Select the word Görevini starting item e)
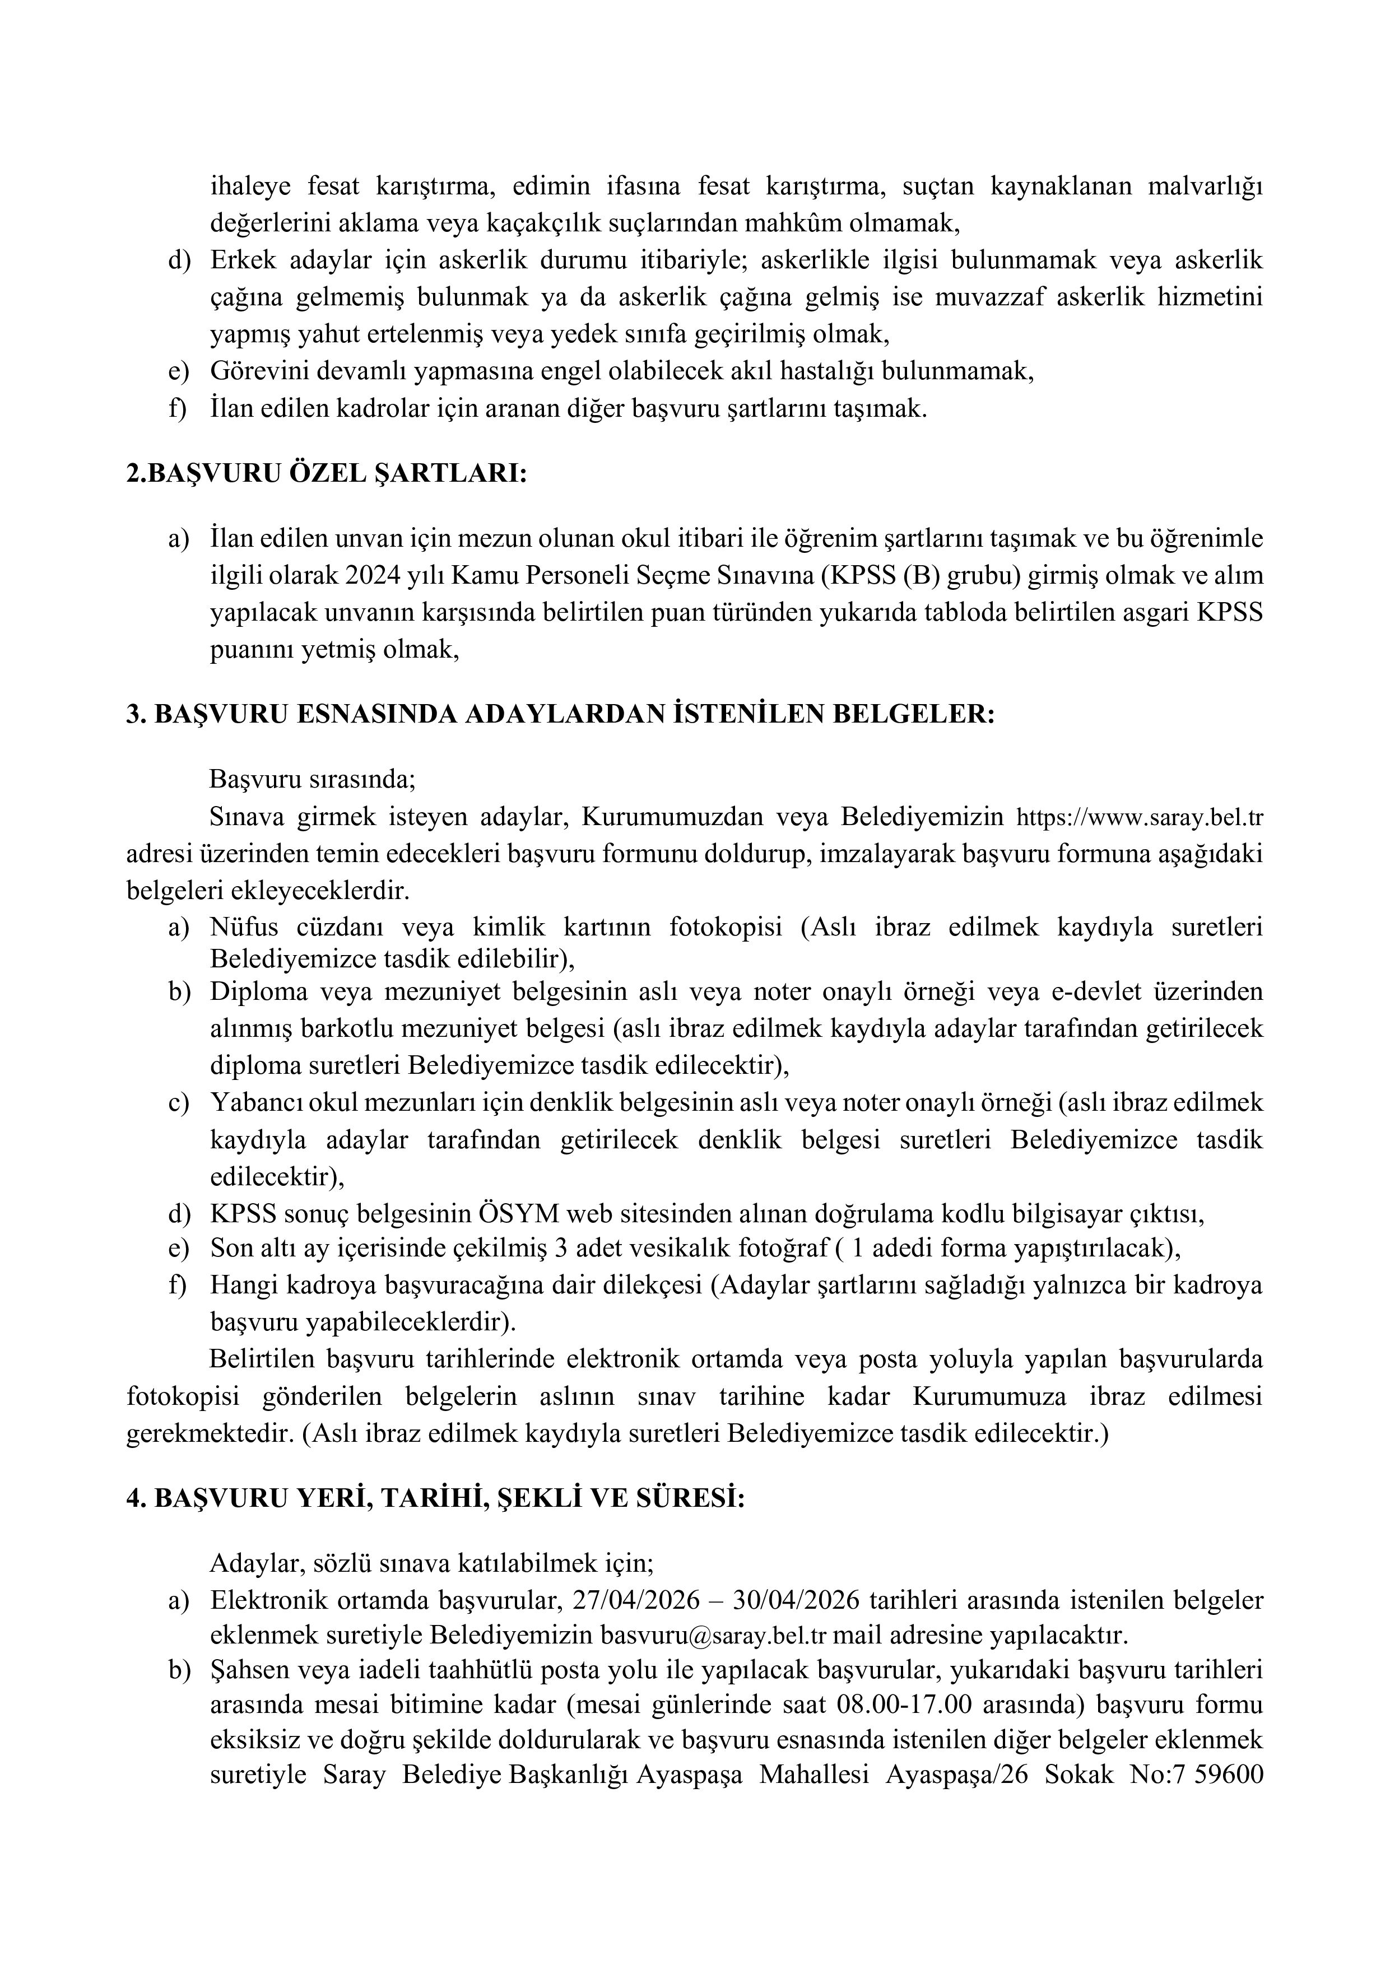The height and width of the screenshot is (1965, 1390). point(262,372)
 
